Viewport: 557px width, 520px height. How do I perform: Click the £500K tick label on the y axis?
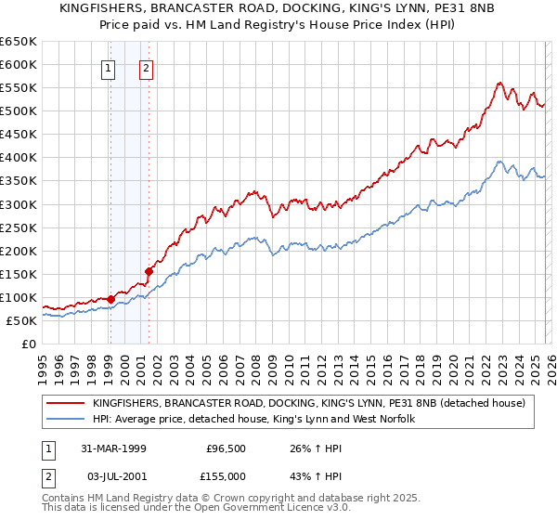click(19, 111)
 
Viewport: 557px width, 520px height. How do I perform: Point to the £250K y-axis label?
click(19, 227)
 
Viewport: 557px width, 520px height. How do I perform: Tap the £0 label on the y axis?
click(28, 344)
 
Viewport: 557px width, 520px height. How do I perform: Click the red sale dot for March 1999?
click(111, 299)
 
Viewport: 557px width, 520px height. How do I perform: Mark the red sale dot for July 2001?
click(149, 271)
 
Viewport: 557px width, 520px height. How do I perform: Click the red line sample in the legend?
click(66, 403)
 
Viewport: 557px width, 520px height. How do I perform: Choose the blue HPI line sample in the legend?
click(66, 420)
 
